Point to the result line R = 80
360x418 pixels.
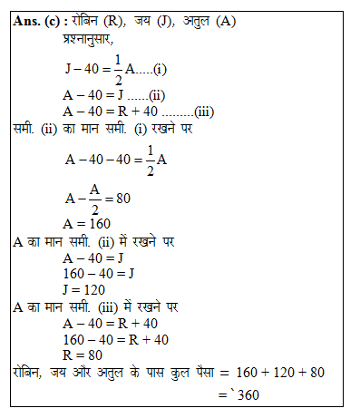click(82, 355)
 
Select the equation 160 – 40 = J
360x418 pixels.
click(98, 273)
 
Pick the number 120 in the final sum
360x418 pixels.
click(280, 372)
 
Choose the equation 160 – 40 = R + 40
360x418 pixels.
click(114, 338)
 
